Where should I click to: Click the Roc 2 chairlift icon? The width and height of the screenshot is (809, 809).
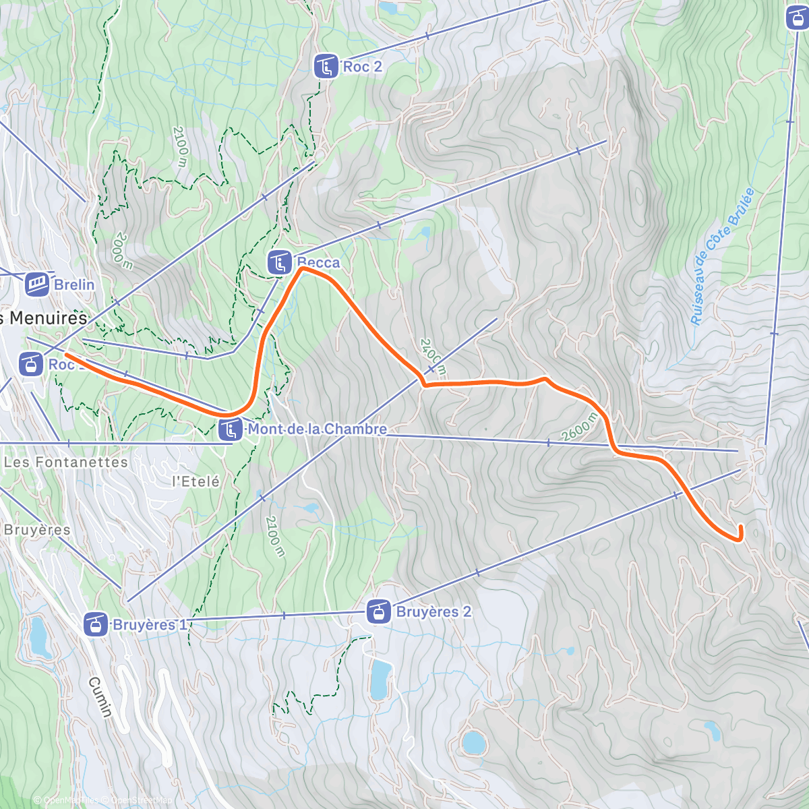pos(327,66)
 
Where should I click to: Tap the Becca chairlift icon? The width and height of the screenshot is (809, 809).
pos(279,262)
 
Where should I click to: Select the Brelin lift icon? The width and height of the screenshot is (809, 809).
pos(38,284)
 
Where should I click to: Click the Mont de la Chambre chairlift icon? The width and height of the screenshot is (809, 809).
pos(231,429)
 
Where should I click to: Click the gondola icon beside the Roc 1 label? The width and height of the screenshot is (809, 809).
pos(29,365)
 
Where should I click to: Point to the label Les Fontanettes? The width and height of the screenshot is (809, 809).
pos(65,462)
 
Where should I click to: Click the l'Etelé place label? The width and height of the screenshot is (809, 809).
pos(196,481)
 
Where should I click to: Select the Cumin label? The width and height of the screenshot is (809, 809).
pos(100,697)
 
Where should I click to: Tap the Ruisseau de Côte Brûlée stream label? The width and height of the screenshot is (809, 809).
pos(722,257)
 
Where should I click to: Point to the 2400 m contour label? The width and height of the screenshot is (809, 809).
pos(432,357)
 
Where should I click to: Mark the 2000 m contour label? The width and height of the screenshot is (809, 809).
pos(123,251)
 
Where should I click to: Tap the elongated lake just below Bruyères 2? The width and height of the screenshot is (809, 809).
pos(380,680)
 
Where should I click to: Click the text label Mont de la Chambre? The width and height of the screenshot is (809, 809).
pos(318,429)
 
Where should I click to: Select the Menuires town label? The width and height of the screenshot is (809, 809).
pos(44,318)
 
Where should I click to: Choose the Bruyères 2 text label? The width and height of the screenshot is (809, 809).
pos(433,612)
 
